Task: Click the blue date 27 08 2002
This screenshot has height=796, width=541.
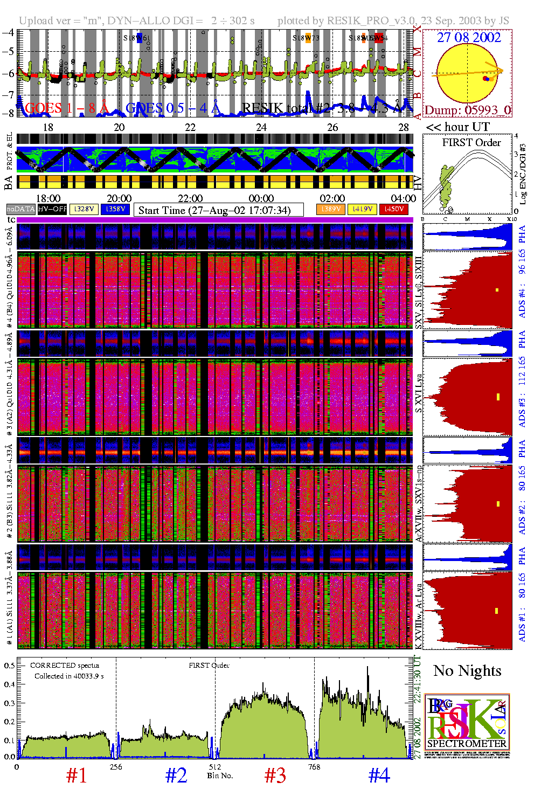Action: (468, 37)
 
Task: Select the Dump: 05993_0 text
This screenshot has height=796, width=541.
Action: (467, 110)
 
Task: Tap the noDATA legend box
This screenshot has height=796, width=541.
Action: (21, 209)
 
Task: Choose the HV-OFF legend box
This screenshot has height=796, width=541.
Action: (52, 209)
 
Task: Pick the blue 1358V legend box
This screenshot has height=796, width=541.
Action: (115, 209)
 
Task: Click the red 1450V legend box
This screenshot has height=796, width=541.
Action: (394, 209)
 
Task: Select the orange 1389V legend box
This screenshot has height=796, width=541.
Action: (330, 209)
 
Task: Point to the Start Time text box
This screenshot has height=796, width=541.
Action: (218, 210)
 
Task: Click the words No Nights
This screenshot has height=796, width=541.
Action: (467, 671)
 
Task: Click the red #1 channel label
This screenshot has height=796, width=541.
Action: (77, 776)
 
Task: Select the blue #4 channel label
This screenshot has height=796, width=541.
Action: (379, 776)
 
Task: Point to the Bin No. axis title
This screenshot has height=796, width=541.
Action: (220, 776)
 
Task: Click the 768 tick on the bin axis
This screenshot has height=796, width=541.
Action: (314, 767)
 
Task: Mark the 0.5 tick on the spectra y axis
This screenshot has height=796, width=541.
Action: (9, 666)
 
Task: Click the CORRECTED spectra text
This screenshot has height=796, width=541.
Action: (65, 666)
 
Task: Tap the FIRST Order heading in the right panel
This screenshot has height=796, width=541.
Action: (471, 143)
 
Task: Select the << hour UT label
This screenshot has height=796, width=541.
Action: (457, 127)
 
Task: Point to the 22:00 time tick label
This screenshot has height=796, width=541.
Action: (190, 199)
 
